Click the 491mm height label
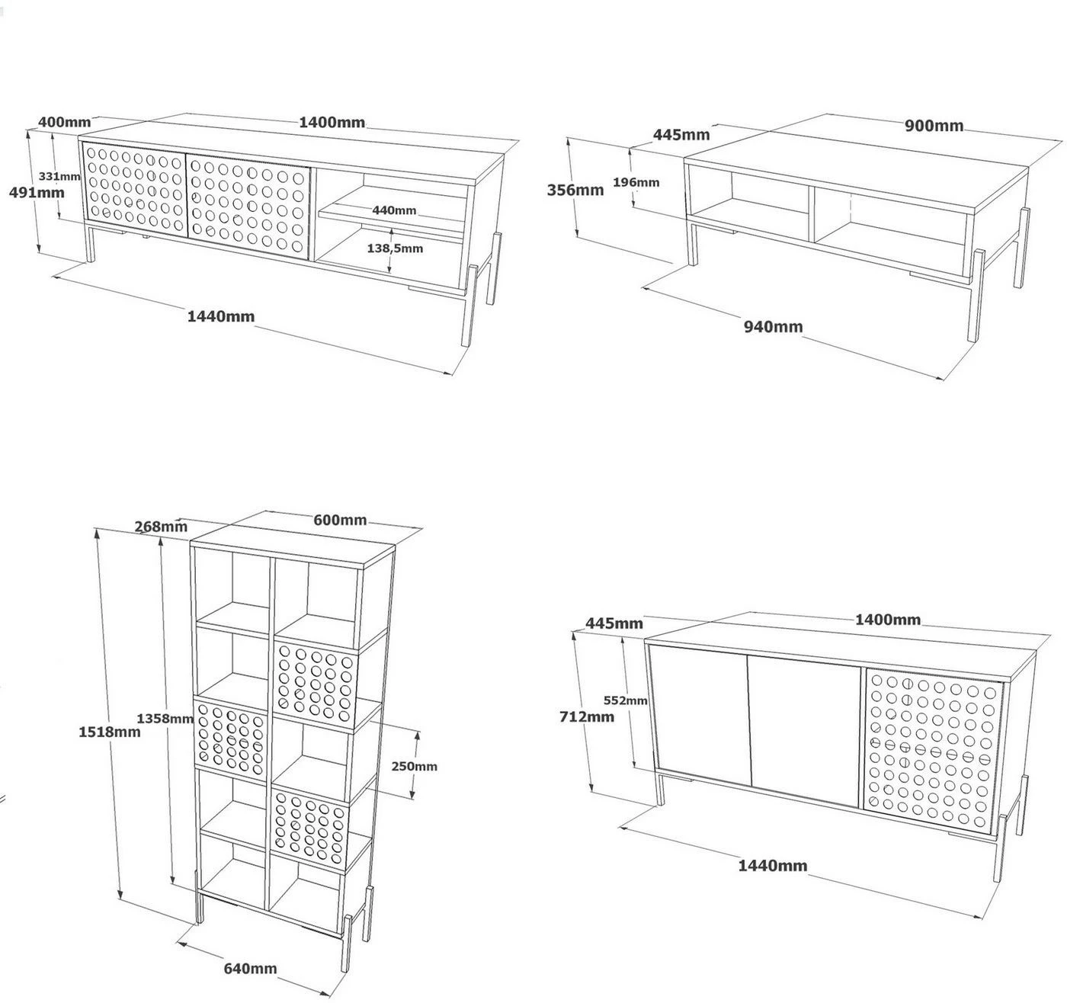coord(36,192)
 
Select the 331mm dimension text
coord(59,176)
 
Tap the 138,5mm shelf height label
coord(395,248)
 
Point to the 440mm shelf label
coord(394,210)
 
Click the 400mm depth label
coord(64,122)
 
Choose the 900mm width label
coord(934,126)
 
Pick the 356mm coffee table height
coord(575,190)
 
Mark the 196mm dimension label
coord(636,182)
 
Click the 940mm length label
coord(773,326)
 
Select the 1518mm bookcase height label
coord(110,732)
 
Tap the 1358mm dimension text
coord(165,718)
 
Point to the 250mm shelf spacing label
coord(414,766)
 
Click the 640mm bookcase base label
coord(250,968)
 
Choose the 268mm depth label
coord(161,526)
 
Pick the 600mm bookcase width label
coord(340,520)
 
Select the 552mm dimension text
coord(625,700)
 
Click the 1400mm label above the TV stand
coord(332,122)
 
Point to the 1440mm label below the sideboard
coord(772,865)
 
